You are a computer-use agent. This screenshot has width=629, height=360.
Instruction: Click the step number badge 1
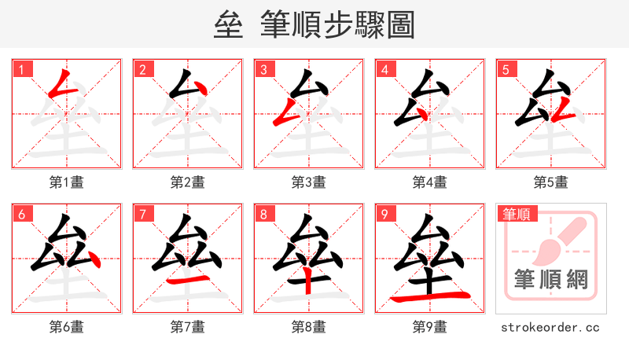pyautogui.click(x=21, y=69)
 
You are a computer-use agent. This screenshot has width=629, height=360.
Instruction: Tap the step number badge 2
pyautogui.click(x=142, y=69)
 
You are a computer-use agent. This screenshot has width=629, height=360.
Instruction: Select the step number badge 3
pyautogui.click(x=263, y=69)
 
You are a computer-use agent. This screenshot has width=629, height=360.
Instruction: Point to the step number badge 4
pyautogui.click(x=384, y=69)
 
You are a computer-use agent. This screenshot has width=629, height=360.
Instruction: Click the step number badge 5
pyautogui.click(x=506, y=69)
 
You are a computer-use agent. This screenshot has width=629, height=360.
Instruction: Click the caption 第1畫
pyautogui.click(x=67, y=182)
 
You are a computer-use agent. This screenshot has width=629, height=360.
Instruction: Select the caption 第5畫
pyautogui.click(x=550, y=182)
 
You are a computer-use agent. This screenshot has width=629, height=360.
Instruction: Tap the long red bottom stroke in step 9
pyautogui.click(x=431, y=296)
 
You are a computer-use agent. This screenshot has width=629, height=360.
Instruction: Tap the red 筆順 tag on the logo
pyautogui.click(x=518, y=214)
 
